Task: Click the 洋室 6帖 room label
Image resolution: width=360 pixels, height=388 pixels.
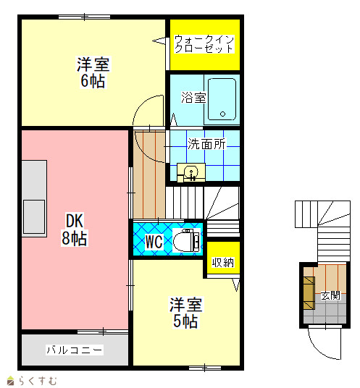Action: [x=93, y=72]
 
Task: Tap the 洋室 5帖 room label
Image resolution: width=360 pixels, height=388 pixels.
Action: [x=185, y=313]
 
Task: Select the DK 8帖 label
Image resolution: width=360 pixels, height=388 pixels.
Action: [x=75, y=229]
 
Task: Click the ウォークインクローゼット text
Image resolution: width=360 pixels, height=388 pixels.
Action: [x=204, y=44]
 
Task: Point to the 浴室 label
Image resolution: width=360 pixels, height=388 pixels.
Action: [x=193, y=98]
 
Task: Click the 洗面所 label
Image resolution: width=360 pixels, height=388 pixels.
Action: [x=206, y=144]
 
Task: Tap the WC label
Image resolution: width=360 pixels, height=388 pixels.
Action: [x=154, y=242]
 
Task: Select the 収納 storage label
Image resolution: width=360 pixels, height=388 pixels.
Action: [x=223, y=262]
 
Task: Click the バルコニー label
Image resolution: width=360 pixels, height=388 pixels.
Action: [x=75, y=350]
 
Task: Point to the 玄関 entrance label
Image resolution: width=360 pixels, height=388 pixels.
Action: [x=330, y=295]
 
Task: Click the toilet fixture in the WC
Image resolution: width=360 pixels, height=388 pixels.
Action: [x=186, y=240]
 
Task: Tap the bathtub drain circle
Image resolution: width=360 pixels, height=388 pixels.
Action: [x=222, y=114]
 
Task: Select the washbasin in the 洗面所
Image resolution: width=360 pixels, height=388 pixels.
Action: [x=191, y=172]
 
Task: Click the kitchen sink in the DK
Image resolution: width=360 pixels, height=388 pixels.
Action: [x=34, y=217]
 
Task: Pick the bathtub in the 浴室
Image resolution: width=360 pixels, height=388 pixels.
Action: [x=222, y=99]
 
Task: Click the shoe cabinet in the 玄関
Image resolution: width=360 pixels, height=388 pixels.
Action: [x=309, y=293]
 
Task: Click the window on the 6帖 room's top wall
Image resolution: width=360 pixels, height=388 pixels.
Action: [x=84, y=17]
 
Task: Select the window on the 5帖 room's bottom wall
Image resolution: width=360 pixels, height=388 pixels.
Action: [x=205, y=368]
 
